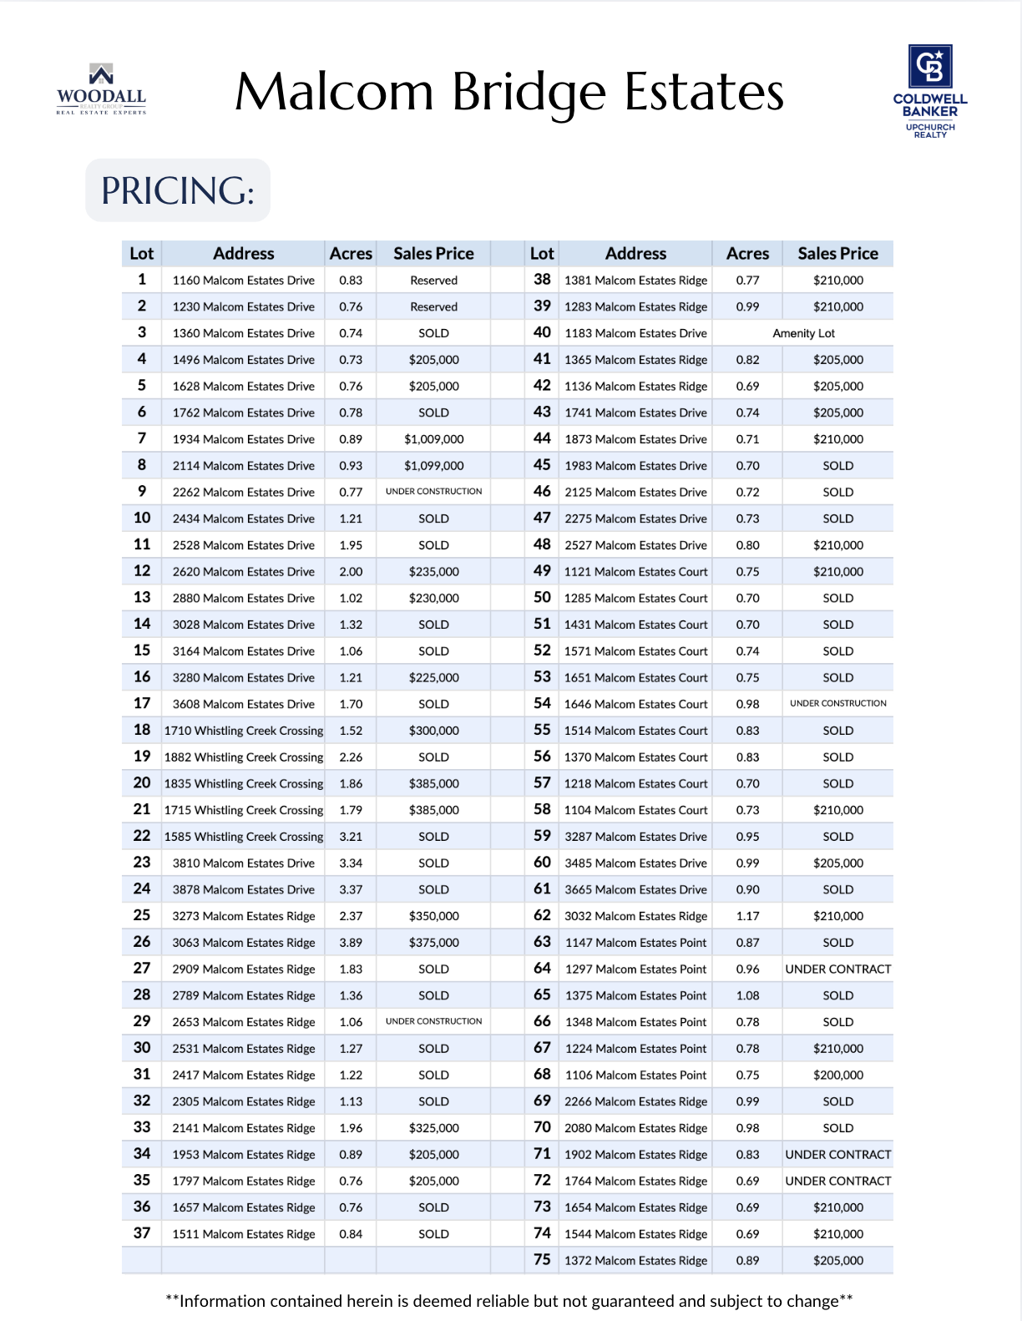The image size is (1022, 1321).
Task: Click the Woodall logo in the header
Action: [x=101, y=89]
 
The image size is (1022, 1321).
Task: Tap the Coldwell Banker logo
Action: [x=930, y=91]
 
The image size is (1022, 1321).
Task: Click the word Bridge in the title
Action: [x=529, y=93]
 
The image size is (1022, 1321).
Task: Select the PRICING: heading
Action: [x=178, y=190]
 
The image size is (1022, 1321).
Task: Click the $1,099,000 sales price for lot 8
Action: [x=433, y=466]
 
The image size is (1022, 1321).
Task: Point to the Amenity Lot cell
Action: [x=803, y=333]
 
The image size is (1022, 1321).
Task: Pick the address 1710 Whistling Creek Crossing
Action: [x=243, y=731]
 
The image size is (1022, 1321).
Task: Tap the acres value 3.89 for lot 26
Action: [x=351, y=943]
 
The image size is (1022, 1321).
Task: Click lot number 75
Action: [x=542, y=1260]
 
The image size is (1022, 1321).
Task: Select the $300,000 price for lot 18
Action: [x=433, y=731]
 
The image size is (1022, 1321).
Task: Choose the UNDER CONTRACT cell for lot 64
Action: [x=837, y=969]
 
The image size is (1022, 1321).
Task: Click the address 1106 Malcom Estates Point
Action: [x=635, y=1076]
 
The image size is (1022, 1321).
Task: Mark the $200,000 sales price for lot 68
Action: [x=837, y=1076]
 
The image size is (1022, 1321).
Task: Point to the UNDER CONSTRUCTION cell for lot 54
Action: [x=837, y=704]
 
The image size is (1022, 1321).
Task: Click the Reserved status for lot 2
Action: [x=433, y=307]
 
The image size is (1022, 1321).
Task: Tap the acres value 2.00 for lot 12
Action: [x=351, y=572]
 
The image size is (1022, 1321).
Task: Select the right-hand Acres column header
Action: [x=747, y=254]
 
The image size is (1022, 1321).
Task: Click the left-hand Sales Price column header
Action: [x=433, y=254]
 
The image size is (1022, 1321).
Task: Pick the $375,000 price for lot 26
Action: [x=433, y=943]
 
